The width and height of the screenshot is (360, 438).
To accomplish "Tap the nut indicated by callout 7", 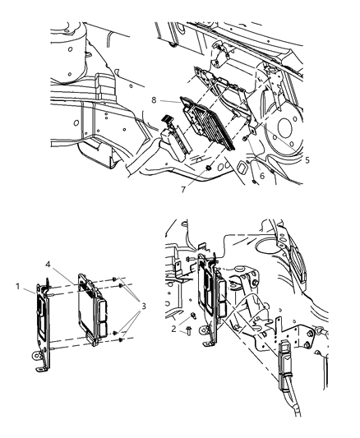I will pyautogui.click(x=211, y=170).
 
